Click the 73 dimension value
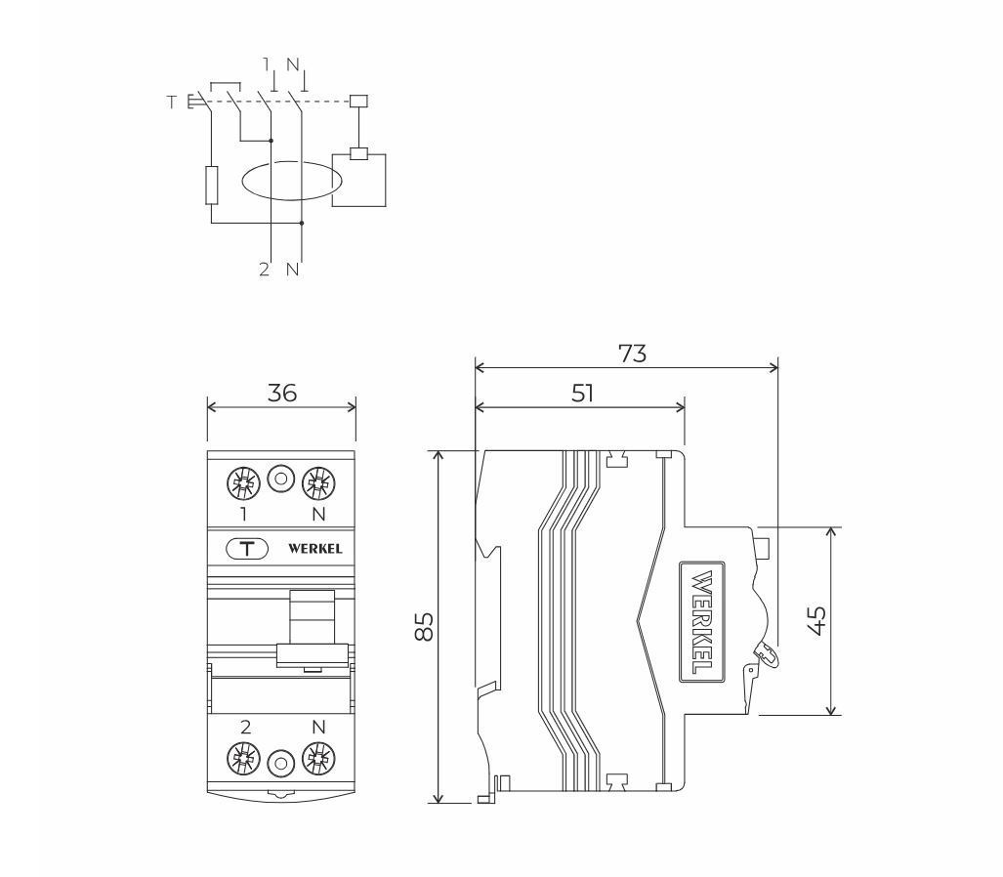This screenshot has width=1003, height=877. pos(632,354)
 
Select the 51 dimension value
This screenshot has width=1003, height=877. pos(582,393)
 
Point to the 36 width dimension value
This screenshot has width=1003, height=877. pos(282,393)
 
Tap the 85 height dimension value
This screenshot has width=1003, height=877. pos(424,626)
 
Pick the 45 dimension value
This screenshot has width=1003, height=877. pos(816,620)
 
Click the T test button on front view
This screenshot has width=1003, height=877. pos(247,548)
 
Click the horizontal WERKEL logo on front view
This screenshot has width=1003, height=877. pos(314,549)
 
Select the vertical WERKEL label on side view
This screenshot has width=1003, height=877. pos(702,621)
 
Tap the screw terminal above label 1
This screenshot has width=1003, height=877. pos(244,483)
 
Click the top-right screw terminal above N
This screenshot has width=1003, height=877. pos(318,483)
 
